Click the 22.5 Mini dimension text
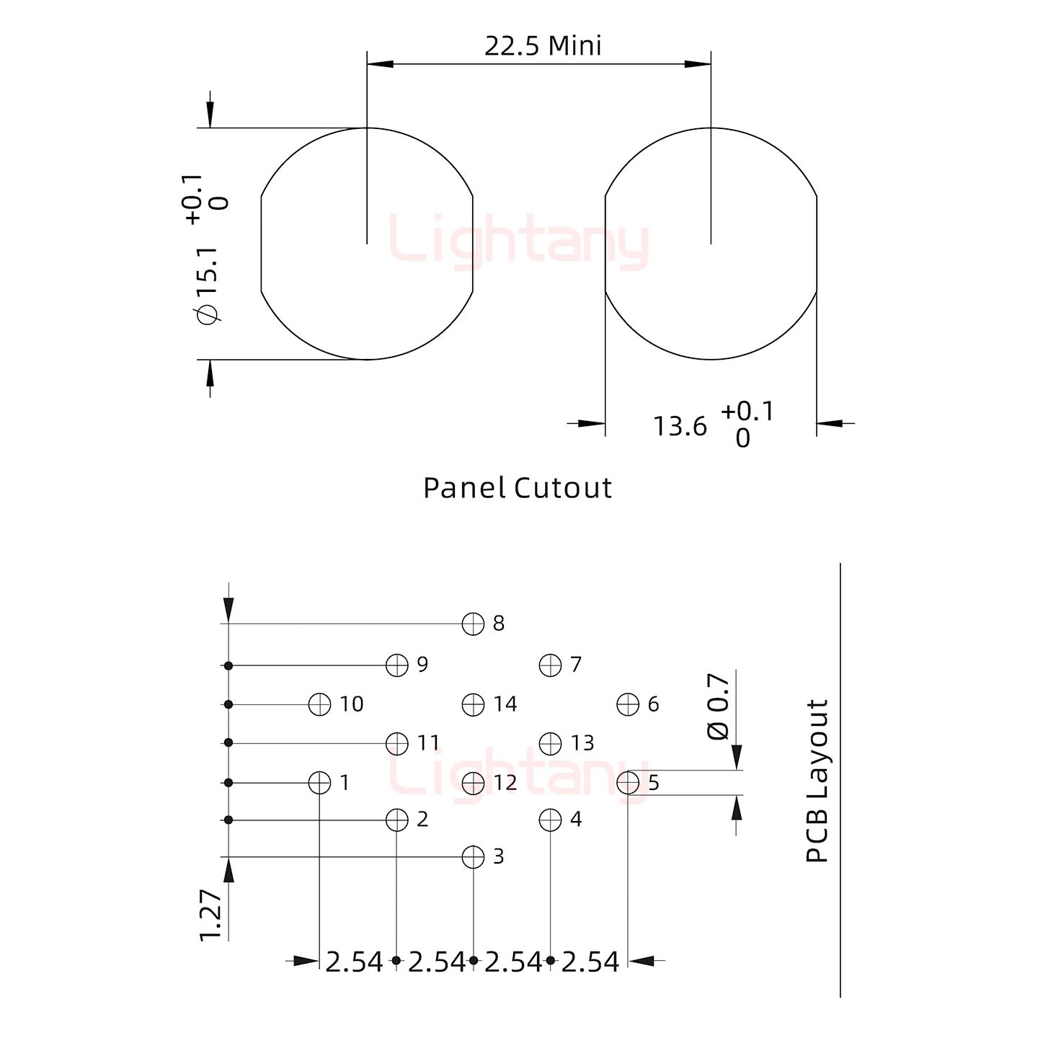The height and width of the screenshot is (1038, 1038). click(543, 46)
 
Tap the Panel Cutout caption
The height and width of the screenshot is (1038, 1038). click(517, 488)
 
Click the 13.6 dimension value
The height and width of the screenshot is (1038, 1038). click(680, 426)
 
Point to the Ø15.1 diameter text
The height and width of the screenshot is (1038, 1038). click(208, 286)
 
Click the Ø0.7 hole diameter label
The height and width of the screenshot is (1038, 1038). click(718, 706)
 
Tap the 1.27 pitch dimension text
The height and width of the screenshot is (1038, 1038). click(210, 915)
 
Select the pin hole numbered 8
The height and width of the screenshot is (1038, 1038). click(473, 624)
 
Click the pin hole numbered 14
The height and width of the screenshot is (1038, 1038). click(473, 704)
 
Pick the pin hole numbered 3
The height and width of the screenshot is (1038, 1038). click(473, 856)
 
